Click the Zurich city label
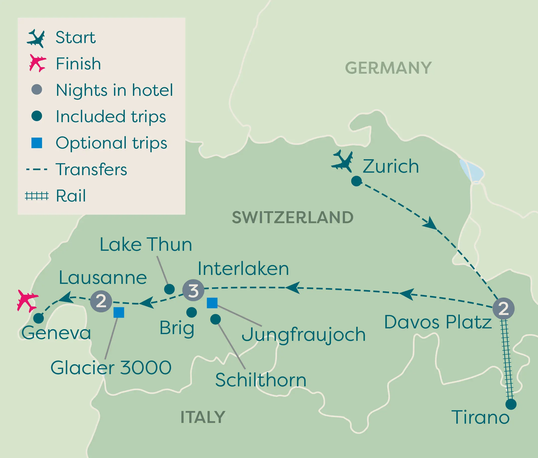click(x=391, y=166)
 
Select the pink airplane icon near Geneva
click(x=27, y=301)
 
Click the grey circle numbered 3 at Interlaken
click(x=193, y=290)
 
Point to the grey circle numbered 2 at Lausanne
click(x=101, y=301)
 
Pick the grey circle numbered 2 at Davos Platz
click(x=503, y=308)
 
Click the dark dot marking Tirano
click(x=511, y=404)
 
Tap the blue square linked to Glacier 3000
click(x=119, y=312)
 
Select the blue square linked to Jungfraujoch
click(x=212, y=303)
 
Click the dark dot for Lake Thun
click(x=169, y=289)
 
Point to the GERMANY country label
click(x=388, y=68)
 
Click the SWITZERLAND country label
click(x=293, y=217)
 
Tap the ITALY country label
click(x=203, y=417)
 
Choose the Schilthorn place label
click(x=261, y=380)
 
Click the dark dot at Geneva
click(x=38, y=318)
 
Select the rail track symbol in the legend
click(x=37, y=196)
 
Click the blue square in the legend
click(x=37, y=143)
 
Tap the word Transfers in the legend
click(x=91, y=169)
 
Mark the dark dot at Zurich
click(x=356, y=181)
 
